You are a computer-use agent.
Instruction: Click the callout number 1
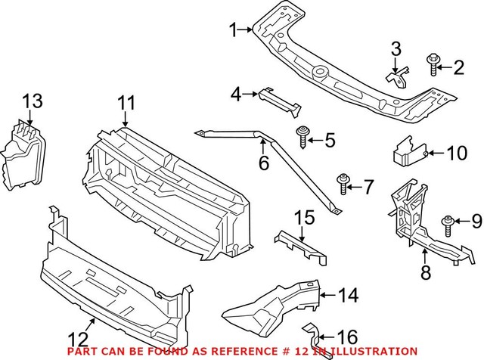(234, 30)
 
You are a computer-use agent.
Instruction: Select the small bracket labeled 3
(399, 76)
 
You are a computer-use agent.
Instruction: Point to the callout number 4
(236, 94)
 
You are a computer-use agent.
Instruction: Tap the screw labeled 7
(345, 183)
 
